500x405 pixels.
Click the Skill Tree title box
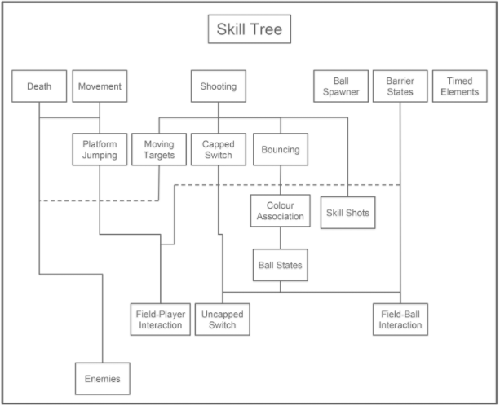tap(249, 31)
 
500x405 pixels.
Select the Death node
tap(39, 86)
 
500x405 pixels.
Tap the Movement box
tap(100, 86)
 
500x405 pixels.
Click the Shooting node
tap(219, 86)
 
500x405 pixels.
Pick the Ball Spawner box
tap(341, 86)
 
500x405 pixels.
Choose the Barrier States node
tap(400, 86)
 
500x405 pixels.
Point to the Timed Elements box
tap(460, 86)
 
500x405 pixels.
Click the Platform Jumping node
tap(100, 149)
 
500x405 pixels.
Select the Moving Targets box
tap(159, 149)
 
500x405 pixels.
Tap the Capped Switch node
tap(219, 149)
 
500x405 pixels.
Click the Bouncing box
tap(281, 149)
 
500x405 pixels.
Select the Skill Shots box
tap(347, 213)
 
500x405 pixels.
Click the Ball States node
tap(281, 265)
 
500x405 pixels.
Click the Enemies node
tap(103, 378)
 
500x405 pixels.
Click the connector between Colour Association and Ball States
tap(281, 238)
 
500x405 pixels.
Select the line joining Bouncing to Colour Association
tap(281, 180)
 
